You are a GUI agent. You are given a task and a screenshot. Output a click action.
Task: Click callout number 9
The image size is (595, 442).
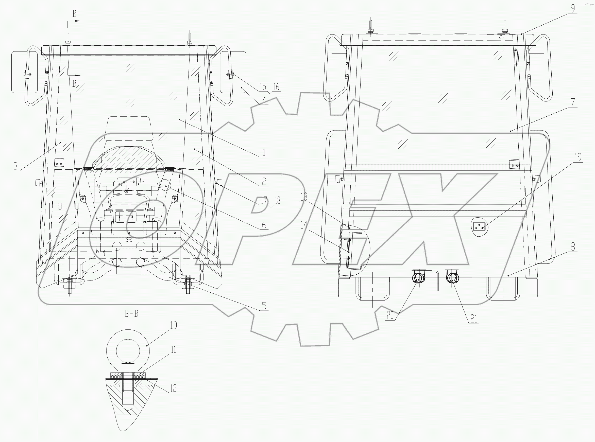572,9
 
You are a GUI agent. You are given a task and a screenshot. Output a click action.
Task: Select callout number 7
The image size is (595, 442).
572,102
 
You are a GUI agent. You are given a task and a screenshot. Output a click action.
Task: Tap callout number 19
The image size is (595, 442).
578,157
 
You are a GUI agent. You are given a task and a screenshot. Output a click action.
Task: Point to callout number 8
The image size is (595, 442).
572,246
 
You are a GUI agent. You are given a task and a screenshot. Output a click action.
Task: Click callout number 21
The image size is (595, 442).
474,319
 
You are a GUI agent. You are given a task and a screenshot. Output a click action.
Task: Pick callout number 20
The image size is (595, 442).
390,316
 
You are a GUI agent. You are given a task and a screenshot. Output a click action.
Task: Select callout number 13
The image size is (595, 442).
304,197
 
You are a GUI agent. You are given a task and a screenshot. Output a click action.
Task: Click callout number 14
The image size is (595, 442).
304,225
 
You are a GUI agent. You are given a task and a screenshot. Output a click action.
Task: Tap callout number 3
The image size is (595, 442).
15,166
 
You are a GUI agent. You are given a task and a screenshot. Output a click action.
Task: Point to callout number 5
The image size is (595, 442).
264,306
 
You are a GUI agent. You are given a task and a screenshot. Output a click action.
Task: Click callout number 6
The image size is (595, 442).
264,225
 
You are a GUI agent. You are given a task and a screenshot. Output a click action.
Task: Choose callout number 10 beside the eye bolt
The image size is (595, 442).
174,325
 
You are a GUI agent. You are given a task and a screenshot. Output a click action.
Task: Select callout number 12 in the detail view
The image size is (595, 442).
174,388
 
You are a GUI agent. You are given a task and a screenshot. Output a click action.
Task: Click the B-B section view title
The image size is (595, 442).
131,314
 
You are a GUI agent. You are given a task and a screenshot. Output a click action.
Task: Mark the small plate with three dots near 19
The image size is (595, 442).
479,227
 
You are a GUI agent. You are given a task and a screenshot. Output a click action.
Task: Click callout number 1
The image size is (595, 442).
264,152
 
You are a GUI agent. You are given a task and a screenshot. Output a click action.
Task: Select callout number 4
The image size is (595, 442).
264,100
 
